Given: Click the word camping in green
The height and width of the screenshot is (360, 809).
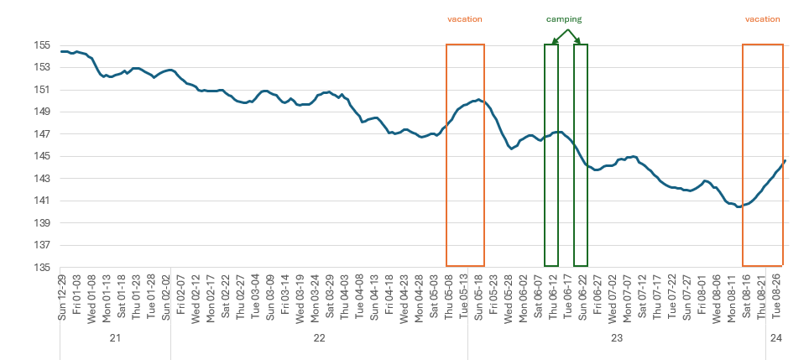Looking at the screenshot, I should click(x=564, y=18).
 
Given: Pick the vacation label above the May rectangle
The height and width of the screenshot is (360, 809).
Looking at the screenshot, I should click(x=465, y=18).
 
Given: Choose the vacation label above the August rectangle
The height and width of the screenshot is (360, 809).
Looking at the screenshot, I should click(x=763, y=18).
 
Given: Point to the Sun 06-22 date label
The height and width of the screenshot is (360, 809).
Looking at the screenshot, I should click(x=582, y=295).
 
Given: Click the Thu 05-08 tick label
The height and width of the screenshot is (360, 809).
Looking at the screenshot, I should click(x=448, y=295).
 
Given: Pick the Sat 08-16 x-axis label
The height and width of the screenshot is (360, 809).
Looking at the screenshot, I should click(x=746, y=295).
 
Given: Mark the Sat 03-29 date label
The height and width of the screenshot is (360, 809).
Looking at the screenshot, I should click(x=329, y=295).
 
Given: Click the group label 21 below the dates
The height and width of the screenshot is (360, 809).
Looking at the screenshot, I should click(x=116, y=338).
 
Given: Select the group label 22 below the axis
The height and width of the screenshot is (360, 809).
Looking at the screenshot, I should click(x=319, y=338).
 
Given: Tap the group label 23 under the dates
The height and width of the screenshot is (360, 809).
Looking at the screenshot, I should click(x=617, y=338).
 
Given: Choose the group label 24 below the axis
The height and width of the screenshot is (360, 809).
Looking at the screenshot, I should click(x=776, y=338).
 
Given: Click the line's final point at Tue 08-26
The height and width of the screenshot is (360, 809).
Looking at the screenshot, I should click(x=785, y=160).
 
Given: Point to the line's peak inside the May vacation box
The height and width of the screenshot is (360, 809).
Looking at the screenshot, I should click(x=478, y=100).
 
